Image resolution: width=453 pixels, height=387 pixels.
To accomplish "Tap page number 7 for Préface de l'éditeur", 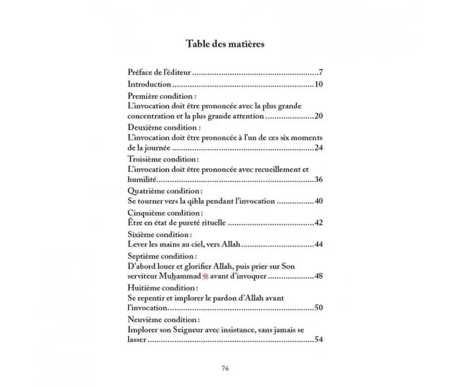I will point(320,73).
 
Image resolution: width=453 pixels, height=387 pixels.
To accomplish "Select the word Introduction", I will point(149,85).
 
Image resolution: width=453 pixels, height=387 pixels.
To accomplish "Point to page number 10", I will point(318,85).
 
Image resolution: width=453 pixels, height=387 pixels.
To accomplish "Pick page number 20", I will point(318,116).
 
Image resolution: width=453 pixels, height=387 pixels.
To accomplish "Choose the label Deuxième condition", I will point(156,128).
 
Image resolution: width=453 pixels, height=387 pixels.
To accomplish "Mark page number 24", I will point(318,148).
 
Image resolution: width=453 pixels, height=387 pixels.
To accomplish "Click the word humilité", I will point(142,180).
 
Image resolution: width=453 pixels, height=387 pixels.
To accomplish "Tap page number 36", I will point(318,180).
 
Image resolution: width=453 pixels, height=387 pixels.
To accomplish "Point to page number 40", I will point(318,201).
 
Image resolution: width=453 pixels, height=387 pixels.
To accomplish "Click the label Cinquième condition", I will point(157,212).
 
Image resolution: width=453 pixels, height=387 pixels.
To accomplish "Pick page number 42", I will point(318,223).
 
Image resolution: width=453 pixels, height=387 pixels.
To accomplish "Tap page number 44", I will point(318,244).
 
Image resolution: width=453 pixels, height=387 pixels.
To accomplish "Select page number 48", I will point(318,277).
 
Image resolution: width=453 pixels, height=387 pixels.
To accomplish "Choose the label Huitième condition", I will point(156,288).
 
